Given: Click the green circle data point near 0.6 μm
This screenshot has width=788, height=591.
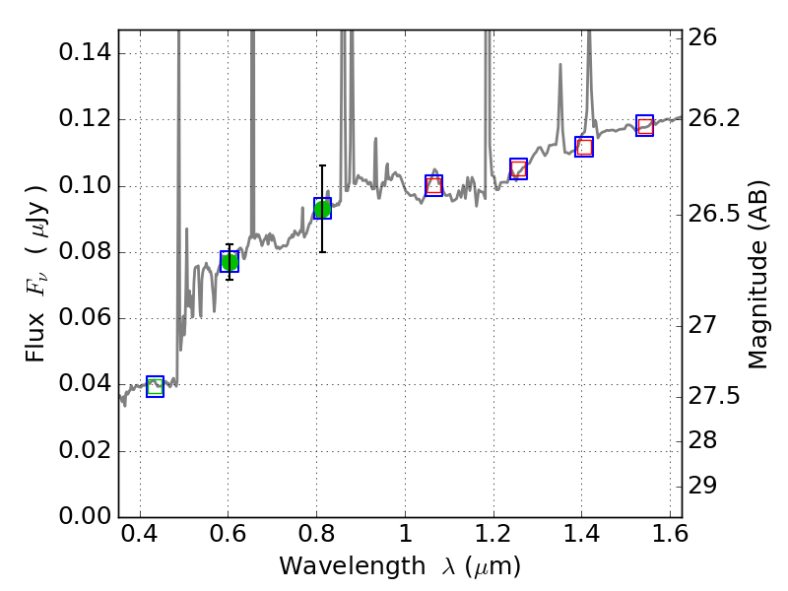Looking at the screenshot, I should click(x=230, y=261).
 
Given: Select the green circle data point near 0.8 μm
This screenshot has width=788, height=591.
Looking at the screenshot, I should click(x=322, y=209).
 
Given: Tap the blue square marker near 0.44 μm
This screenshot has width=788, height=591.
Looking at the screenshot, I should click(x=155, y=386).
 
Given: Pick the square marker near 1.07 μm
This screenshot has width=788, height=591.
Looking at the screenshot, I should click(x=433, y=185).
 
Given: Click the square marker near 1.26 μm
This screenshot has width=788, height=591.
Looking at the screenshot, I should click(x=518, y=168).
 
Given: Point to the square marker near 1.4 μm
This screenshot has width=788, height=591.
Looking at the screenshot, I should click(x=584, y=147).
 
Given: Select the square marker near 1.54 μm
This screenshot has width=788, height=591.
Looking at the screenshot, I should click(x=645, y=125).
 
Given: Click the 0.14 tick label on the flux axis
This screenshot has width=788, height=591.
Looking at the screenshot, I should click(x=84, y=53).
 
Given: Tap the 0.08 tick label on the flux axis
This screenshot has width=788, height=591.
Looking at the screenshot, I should click(x=84, y=252).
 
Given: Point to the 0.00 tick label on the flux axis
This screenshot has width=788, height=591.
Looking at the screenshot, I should click(x=84, y=517).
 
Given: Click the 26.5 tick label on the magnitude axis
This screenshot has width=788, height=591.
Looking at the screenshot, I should click(x=717, y=215).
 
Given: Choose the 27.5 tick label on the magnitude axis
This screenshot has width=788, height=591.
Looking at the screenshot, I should click(x=717, y=396).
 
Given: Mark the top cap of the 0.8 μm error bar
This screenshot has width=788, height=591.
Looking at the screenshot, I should click(x=322, y=165).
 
